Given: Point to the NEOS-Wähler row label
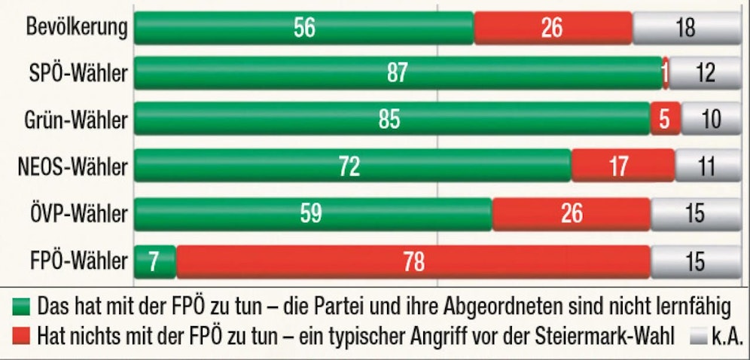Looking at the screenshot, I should tap(72, 166).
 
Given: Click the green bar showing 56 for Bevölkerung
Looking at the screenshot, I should tap(303, 27).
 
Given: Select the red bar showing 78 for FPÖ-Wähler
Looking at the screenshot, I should tap(413, 261).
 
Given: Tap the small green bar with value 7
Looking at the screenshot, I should tap(154, 261).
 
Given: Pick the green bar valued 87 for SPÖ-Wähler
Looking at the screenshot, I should tap(398, 73).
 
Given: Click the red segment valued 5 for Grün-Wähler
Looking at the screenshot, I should tap(665, 121).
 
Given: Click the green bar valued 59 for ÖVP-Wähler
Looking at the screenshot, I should tap(312, 214).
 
